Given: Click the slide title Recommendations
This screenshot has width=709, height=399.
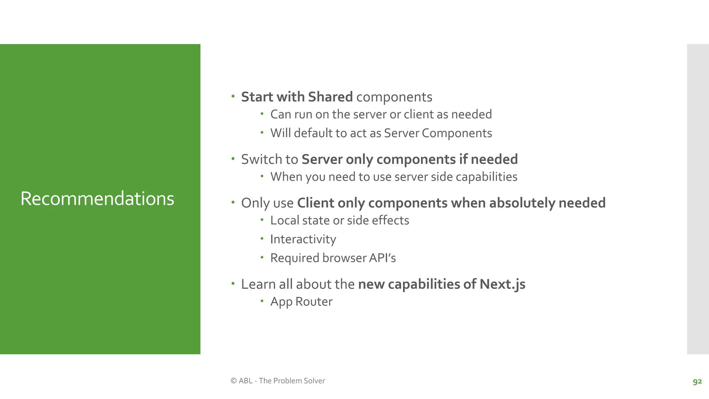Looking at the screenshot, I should click(97, 198).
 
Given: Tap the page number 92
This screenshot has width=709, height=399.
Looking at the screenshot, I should click(697, 381).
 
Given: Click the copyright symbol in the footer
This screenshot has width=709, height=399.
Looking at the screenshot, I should click(234, 381).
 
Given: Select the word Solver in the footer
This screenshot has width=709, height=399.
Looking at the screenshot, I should click(314, 381).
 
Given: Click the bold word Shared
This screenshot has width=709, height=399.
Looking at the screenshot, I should click(330, 97).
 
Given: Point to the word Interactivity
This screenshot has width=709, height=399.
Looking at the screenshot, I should click(303, 239).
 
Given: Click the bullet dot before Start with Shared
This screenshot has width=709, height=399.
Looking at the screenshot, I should click(233, 96).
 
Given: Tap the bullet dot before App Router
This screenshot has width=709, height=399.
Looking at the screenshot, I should click(262, 301).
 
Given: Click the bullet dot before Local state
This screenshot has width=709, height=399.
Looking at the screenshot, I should click(262, 220).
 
